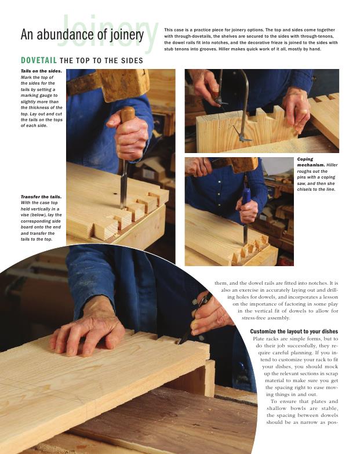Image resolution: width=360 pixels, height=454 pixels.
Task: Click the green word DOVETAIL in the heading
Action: (38, 60)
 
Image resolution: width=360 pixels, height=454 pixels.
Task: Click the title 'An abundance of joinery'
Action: (82, 35)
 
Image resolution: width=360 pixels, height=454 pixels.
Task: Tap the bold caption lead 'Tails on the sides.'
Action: (41, 71)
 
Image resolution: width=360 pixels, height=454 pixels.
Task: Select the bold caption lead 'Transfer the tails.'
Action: (41, 197)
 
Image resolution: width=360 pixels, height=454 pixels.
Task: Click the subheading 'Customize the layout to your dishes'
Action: (294, 332)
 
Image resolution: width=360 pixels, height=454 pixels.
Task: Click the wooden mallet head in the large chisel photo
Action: (125, 84)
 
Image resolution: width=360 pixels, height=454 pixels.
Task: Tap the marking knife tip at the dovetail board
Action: (179, 343)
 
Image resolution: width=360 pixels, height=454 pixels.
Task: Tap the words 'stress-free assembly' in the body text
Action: (266, 318)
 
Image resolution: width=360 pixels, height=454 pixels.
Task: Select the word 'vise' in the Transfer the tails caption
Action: (24, 215)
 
